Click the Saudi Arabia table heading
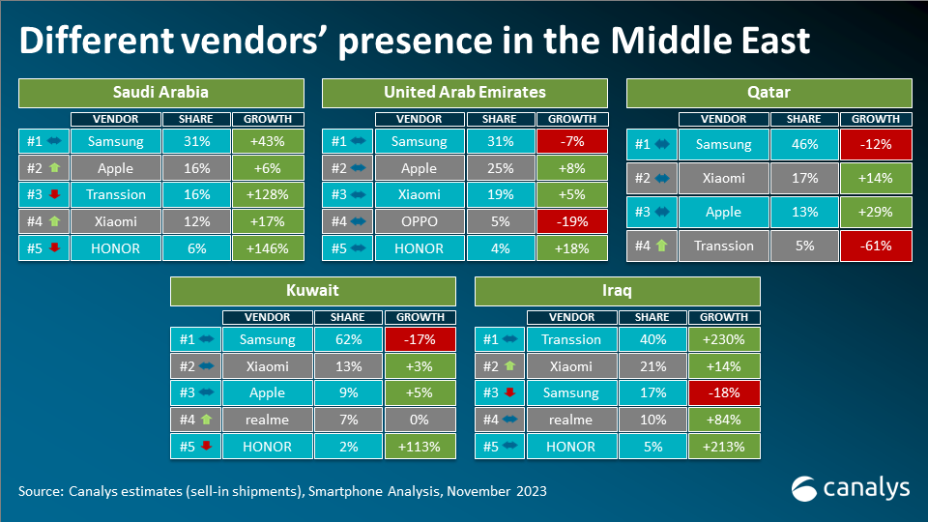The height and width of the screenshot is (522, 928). (160, 93)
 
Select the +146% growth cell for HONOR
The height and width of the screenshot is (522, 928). (268, 247)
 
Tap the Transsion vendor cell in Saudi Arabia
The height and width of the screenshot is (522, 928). (116, 194)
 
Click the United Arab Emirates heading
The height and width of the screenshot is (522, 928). (465, 93)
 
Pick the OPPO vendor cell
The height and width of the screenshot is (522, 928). (420, 221)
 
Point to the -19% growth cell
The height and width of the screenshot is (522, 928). (572, 221)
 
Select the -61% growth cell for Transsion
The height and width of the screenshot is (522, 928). (876, 246)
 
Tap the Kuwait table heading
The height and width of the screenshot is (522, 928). (313, 291)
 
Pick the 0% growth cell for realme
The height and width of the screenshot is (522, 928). (420, 420)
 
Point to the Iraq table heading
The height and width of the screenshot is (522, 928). (618, 291)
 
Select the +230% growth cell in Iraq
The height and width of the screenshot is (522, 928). (724, 339)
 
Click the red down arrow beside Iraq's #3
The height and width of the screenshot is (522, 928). (510, 393)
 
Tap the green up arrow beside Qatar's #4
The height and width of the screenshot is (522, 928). (663, 246)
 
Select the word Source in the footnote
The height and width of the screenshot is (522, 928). (40, 491)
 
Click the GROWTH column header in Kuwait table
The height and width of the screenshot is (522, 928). (420, 317)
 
